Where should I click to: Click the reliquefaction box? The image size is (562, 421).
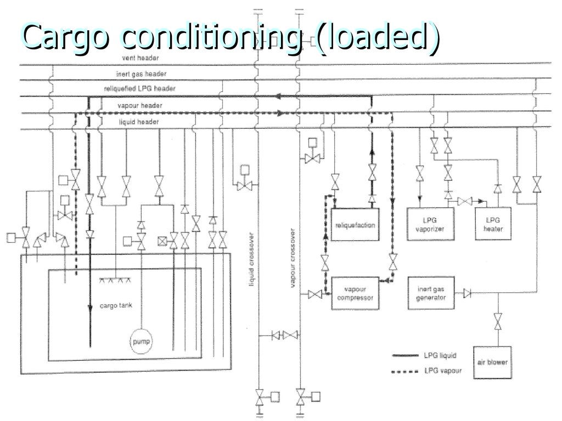click(x=356, y=225)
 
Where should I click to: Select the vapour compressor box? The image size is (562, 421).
click(x=355, y=294)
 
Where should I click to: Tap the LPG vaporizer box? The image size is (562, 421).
click(x=430, y=224)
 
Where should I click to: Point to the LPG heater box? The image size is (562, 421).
click(x=493, y=224)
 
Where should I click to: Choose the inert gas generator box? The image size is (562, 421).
click(x=431, y=294)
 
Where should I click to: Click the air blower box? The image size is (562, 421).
click(x=492, y=362)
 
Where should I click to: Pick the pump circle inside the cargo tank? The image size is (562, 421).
click(x=141, y=342)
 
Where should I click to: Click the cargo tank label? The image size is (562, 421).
click(x=116, y=305)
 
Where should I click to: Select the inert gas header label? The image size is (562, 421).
click(x=141, y=73)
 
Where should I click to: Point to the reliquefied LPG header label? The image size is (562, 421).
click(x=139, y=88)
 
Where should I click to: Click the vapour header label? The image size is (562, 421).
click(x=139, y=105)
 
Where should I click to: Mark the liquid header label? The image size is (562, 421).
click(x=138, y=122)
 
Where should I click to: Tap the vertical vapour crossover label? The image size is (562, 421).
click(x=294, y=258)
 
